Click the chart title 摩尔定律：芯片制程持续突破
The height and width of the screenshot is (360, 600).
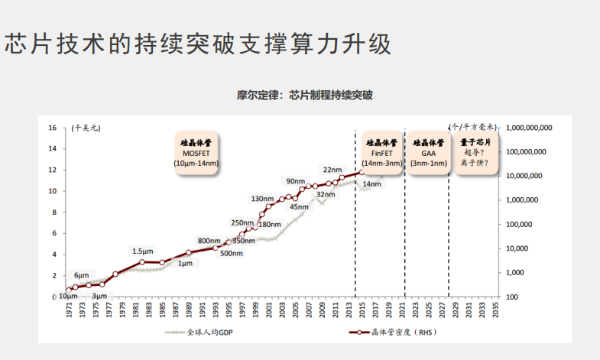coord(304,96)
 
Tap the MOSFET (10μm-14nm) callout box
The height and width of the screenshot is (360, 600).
coord(196,153)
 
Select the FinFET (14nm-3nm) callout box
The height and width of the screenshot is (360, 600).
coord(381,153)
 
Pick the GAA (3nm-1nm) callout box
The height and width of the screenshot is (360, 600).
coord(428,153)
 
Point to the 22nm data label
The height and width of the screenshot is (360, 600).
coord(332,170)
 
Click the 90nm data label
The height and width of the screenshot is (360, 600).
coord(295,181)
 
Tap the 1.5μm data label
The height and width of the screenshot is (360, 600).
coord(142,251)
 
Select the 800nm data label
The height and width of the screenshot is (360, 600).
coord(209,241)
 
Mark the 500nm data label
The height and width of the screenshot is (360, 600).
coord(232,253)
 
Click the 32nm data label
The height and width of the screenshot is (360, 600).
coord(326,195)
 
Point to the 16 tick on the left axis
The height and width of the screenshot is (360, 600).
coord(54,128)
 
